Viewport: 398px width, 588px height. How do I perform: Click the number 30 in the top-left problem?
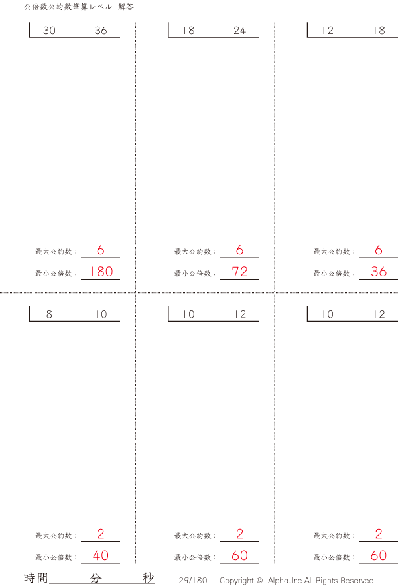tap(49, 31)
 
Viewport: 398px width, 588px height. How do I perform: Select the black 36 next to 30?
tap(101, 31)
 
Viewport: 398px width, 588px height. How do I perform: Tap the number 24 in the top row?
tap(239, 31)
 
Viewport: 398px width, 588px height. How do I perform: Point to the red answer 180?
tap(101, 272)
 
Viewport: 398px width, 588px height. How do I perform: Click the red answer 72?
tap(239, 272)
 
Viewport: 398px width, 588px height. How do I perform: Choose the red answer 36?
tap(379, 272)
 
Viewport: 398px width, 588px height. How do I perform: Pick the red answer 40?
tap(101, 555)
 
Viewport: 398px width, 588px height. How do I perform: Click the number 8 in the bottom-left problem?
tap(49, 315)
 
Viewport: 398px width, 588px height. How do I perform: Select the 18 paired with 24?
tap(188, 31)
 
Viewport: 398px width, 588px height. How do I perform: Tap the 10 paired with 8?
tap(101, 315)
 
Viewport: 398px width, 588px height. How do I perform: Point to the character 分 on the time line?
tap(96, 578)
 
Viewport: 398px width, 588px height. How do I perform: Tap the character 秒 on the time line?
tap(148, 578)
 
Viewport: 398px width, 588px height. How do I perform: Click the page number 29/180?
tap(193, 581)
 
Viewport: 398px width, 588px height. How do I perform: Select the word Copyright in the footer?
tap(236, 581)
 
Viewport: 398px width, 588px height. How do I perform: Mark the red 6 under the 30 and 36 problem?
tap(101, 250)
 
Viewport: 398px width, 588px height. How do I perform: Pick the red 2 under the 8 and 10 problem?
tap(101, 534)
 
